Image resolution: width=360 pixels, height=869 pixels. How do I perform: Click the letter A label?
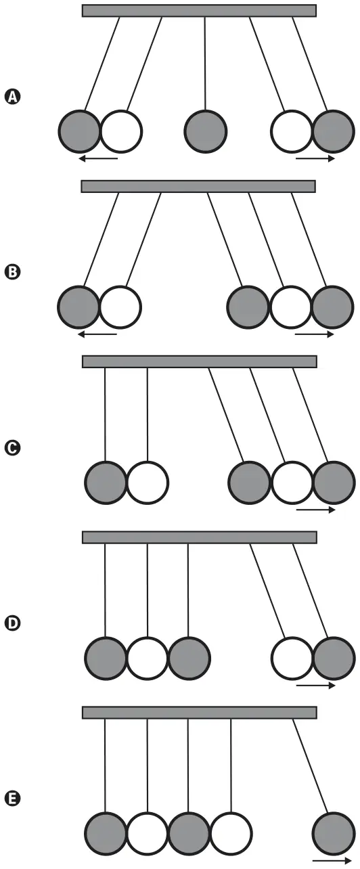pos(12,97)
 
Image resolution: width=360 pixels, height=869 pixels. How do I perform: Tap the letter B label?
pos(12,272)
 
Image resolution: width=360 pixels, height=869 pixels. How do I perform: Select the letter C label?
pos(12,448)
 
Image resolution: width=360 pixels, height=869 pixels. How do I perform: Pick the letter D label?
pos(12,623)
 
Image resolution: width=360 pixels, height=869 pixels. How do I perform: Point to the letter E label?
pos(12,799)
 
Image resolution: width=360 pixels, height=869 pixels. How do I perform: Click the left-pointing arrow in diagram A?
pos(97,158)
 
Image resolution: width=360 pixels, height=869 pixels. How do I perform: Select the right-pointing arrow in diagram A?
pos(315,158)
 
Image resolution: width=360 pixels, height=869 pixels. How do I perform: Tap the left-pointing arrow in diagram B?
pos(97,334)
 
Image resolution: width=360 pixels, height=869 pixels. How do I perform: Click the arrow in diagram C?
pos(316,510)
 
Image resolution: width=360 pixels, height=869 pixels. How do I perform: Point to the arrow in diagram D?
pos(316,686)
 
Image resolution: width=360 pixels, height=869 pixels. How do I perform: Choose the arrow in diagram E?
pos(332,861)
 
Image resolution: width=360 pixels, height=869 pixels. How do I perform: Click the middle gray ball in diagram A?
pos(205,131)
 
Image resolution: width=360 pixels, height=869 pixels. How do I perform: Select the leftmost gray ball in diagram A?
pos(80,131)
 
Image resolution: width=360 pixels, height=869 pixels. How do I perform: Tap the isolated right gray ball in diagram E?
pos(334,833)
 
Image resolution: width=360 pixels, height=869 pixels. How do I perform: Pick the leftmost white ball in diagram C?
pos(148,483)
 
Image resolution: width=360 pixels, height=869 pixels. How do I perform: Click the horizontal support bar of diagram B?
pos(198,186)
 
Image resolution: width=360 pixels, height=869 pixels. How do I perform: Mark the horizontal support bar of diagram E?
pos(200,713)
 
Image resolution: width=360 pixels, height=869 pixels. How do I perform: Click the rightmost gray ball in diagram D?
pos(334,659)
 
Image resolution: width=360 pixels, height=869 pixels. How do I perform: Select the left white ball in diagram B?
pos(120,307)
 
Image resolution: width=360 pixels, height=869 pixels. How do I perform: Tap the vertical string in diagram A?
pos(205,64)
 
